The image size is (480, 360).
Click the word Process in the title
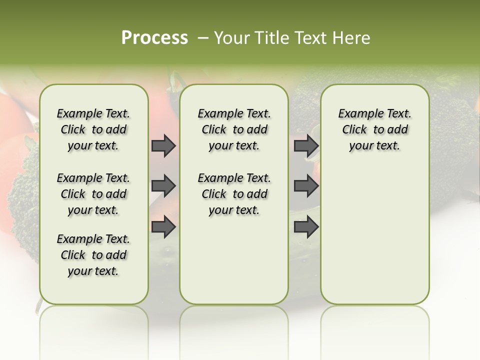coord(154,38)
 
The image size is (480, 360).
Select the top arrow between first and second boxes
coord(163,146)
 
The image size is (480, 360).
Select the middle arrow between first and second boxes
coord(163,186)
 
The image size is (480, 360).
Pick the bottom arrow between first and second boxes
coord(163,227)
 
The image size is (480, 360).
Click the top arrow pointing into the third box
coord(306,146)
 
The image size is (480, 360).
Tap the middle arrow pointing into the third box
coord(306,186)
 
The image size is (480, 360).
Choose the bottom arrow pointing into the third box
coord(306,227)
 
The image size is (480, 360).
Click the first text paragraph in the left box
coord(93,129)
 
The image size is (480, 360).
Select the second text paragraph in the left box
coord(93,194)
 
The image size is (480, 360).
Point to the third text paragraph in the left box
coord(93,255)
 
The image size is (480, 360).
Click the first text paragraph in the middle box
coord(234,129)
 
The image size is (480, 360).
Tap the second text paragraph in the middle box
coord(234,194)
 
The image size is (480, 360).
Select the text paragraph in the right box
coord(374,129)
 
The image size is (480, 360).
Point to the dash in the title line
coord(202,38)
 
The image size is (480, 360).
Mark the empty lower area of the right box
coord(374,240)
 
